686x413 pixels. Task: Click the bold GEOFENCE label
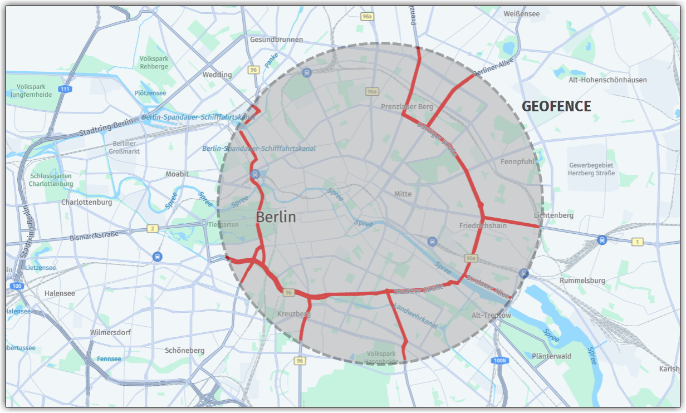tap(556, 106)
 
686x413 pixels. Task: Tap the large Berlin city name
tap(276, 217)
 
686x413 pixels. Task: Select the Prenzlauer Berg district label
tap(407, 106)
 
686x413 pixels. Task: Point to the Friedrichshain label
tap(483, 225)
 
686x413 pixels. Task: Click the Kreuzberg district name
tap(293, 314)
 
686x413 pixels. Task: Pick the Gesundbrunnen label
tap(276, 40)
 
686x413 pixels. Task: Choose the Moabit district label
tap(177, 174)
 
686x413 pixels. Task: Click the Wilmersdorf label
tap(110, 333)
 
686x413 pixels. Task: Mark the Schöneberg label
tap(185, 351)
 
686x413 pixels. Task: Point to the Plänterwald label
tap(552, 356)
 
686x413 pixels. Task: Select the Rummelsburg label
tap(582, 281)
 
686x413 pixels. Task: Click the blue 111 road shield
tap(65, 89)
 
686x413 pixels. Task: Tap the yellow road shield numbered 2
tap(151, 229)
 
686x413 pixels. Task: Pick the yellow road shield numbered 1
tap(638, 242)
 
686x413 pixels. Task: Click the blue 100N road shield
tap(500, 361)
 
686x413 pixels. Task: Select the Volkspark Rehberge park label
tap(154, 62)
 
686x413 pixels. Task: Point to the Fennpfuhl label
tap(517, 162)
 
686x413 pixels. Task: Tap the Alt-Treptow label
tap(491, 316)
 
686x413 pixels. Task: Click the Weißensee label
tap(522, 14)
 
